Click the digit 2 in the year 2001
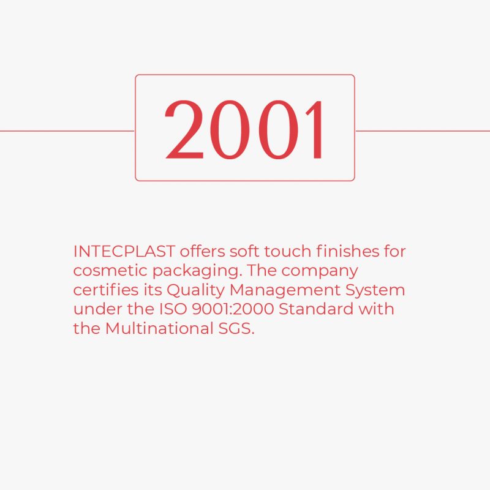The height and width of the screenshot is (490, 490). (x=184, y=129)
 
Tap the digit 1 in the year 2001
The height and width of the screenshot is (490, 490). (x=314, y=129)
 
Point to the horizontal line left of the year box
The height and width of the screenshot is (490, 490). (x=67, y=131)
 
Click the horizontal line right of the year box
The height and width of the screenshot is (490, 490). (x=423, y=131)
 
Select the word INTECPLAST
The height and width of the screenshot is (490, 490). (x=124, y=252)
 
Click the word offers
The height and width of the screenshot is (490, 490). (x=202, y=252)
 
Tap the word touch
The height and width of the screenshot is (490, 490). (x=287, y=252)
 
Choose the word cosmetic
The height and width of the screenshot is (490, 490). (x=110, y=271)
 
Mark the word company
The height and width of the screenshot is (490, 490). (x=319, y=271)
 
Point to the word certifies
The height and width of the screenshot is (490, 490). (x=105, y=290)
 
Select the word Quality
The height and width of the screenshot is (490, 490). (x=195, y=290)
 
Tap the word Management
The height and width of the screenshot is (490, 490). (x=285, y=290)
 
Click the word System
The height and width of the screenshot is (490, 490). (x=375, y=290)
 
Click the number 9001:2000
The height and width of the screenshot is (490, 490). (x=233, y=309)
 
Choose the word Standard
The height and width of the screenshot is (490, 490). (x=316, y=309)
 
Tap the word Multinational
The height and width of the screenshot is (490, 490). (x=159, y=329)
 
